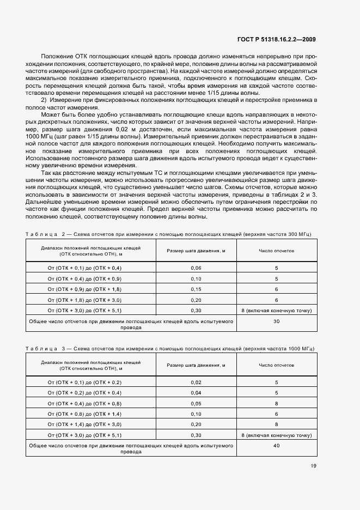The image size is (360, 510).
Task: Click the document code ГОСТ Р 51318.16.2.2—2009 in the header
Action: (276, 39)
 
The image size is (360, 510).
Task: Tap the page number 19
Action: (313, 465)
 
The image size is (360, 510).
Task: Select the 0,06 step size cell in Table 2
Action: (196, 268)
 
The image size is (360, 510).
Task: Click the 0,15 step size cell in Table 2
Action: (196, 289)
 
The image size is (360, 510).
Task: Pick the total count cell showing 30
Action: (276, 321)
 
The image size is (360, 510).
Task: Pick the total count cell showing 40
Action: (276, 445)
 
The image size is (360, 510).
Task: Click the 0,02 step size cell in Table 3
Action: (196, 382)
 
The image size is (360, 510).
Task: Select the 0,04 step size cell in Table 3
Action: (196, 393)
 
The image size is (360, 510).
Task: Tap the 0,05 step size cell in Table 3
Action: (196, 403)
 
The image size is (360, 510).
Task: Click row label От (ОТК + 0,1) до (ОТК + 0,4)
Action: (84, 268)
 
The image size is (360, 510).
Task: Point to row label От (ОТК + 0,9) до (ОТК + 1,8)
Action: (84, 289)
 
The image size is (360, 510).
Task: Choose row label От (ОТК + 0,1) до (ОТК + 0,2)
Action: (84, 382)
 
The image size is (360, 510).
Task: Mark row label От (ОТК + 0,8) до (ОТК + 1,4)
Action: (84, 414)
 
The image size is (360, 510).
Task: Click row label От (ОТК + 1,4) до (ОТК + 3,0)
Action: (84, 424)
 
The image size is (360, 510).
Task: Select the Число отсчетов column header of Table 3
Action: (276, 365)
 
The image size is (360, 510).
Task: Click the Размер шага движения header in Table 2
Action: (196, 251)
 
